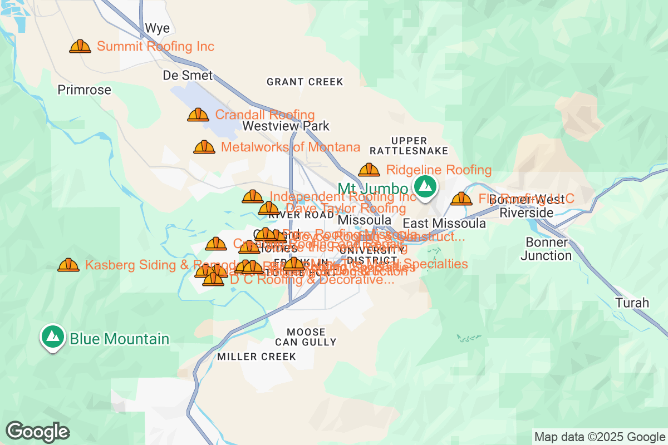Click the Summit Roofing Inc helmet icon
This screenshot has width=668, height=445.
(80, 46)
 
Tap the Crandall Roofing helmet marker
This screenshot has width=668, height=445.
(198, 115)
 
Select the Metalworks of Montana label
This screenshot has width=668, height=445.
(290, 147)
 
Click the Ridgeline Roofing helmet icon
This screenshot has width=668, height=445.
(369, 170)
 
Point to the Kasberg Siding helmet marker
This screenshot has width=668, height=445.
(68, 265)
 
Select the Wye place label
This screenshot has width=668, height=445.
(157, 28)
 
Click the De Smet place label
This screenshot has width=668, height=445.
(188, 75)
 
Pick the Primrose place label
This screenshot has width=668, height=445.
(85, 90)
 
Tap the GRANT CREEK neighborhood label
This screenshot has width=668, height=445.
(305, 82)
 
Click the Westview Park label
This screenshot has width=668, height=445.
(286, 126)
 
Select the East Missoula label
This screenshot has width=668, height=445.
(451, 224)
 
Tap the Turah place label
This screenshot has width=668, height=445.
(632, 303)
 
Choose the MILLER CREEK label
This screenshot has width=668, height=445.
(257, 357)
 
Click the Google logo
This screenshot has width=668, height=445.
(38, 432)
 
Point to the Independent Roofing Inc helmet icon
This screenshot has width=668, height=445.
(253, 197)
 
